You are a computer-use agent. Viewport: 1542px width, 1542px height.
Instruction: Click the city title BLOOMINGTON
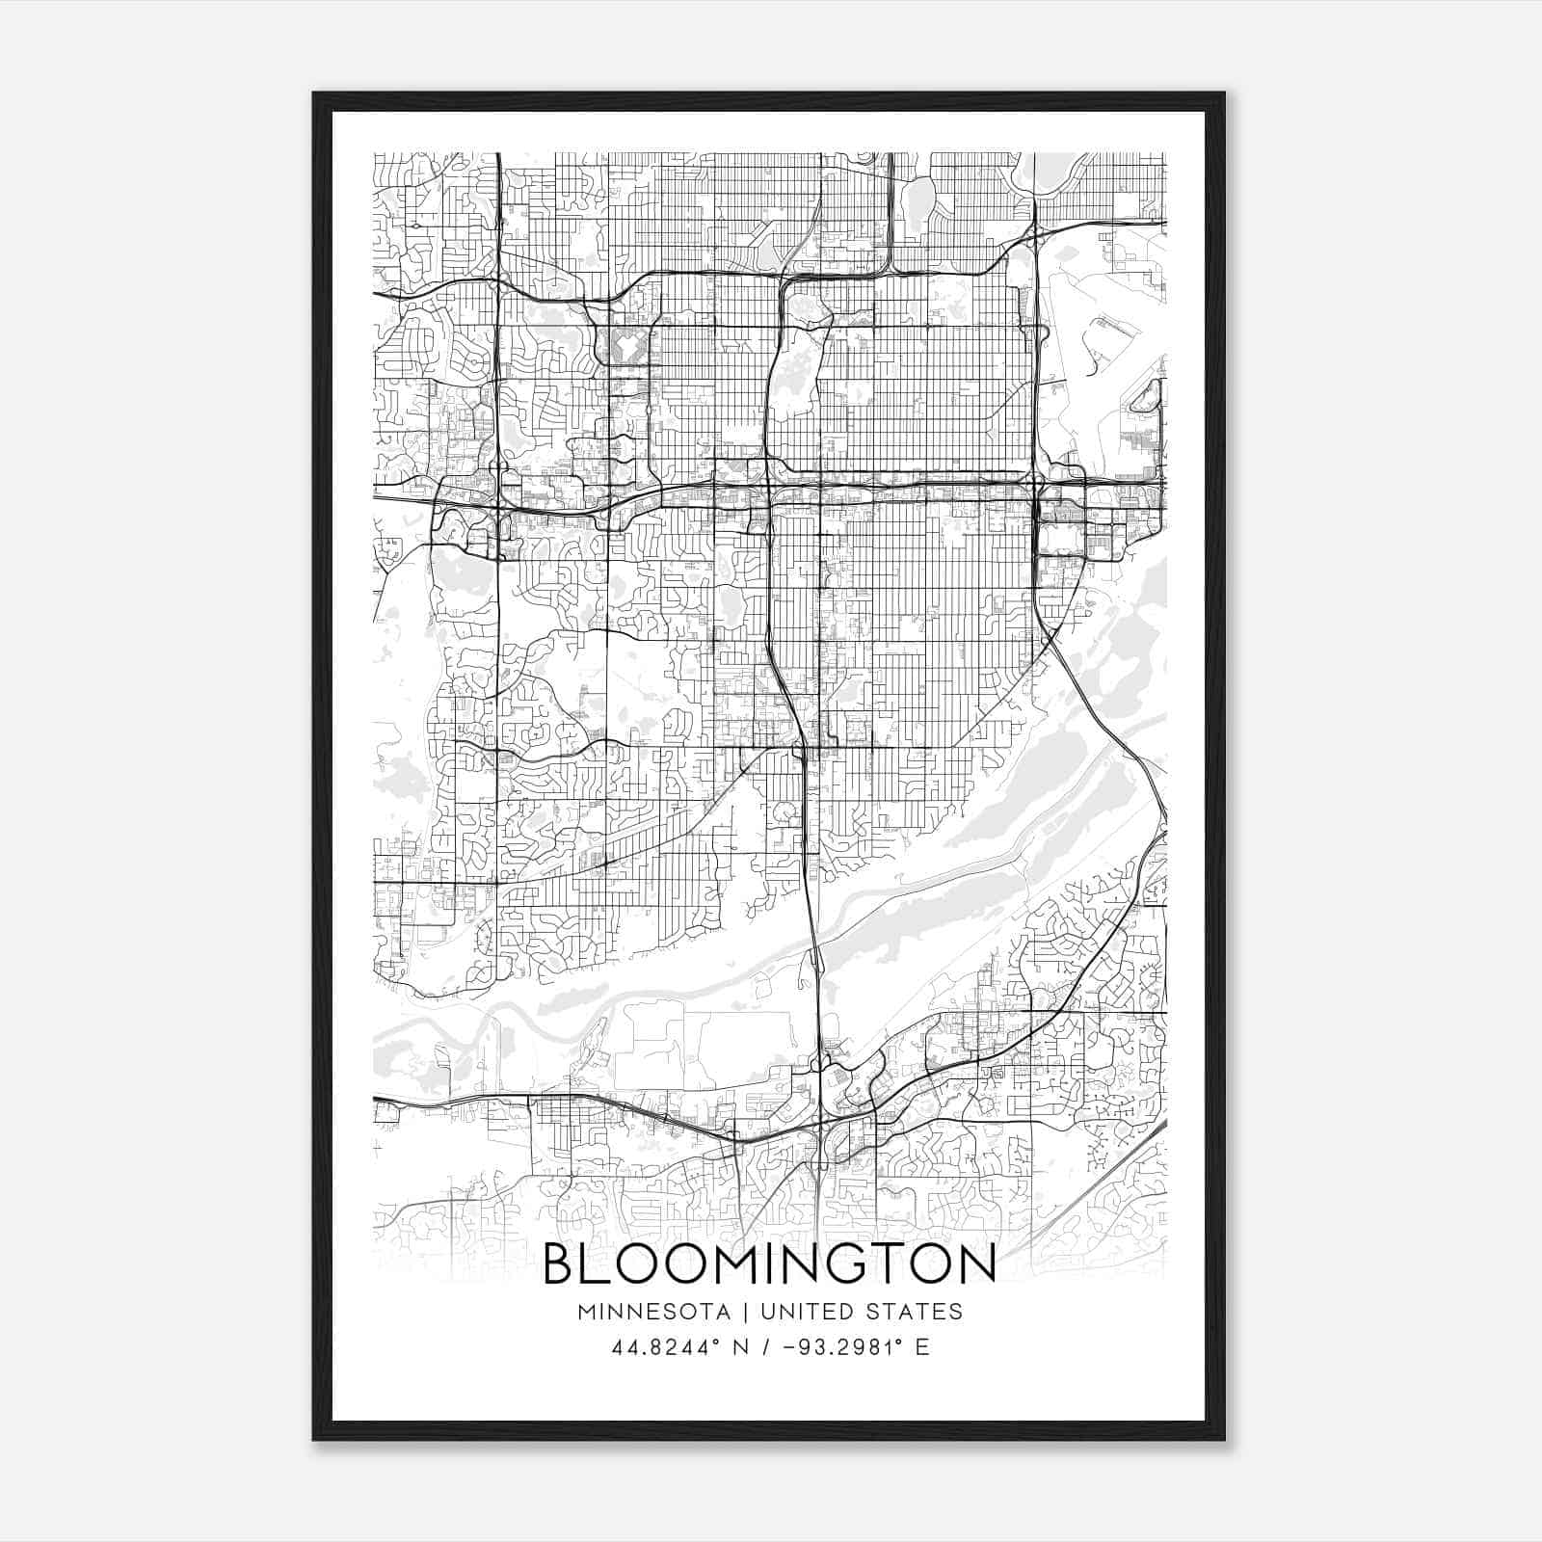769,1265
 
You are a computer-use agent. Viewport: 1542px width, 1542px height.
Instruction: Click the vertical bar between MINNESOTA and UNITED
751,1312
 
